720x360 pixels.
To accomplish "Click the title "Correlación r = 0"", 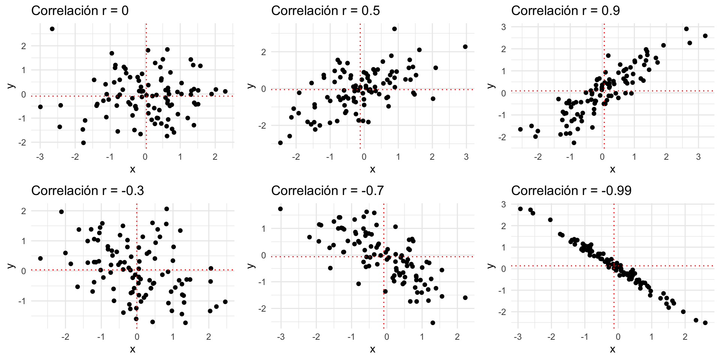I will (80, 11).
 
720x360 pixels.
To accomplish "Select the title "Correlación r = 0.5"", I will (325, 11).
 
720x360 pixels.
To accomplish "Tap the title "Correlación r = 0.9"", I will (565, 11).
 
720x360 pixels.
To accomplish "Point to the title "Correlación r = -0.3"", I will (88, 191).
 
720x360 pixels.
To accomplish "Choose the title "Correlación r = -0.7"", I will (327, 191).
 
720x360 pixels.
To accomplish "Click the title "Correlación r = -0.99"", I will (571, 191).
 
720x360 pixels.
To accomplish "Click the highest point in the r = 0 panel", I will (52, 29).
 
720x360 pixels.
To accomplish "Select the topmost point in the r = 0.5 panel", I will (394, 29).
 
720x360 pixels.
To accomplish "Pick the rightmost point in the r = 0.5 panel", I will (465, 47).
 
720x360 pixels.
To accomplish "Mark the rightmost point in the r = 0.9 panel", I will (705, 36).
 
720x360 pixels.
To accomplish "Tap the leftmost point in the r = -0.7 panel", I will (280, 209).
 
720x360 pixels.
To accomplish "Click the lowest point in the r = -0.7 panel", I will (433, 323).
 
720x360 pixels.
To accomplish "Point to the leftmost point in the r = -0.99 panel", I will (520, 209).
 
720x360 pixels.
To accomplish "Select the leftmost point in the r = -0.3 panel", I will (40, 258).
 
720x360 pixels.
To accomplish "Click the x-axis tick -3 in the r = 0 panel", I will (40, 157).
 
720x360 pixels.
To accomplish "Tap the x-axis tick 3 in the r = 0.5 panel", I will (466, 157).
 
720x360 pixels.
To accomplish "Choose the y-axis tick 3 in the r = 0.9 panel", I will (504, 27).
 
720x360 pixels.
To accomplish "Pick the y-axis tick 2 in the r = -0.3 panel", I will (24, 211).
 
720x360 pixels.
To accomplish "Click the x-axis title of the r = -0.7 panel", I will (372, 349).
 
